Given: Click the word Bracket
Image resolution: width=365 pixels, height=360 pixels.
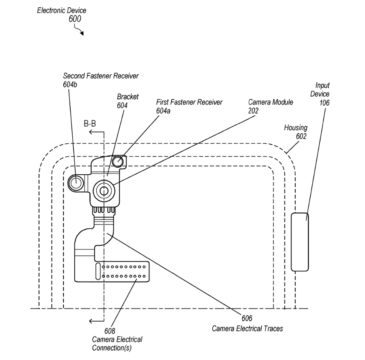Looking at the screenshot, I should click(128, 97).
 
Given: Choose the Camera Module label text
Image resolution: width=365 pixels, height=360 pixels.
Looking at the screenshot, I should click(270, 102).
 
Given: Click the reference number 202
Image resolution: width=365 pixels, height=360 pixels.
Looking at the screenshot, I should click(254, 110).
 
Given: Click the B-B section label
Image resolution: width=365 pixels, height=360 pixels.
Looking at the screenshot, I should click(90, 124).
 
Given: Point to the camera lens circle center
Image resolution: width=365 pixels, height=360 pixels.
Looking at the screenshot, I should click(104, 190).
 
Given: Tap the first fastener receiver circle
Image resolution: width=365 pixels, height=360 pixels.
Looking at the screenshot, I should click(118, 161).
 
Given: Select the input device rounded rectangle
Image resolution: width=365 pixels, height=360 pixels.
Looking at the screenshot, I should click(300, 242).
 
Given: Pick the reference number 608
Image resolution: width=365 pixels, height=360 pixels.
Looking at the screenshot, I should click(110, 331).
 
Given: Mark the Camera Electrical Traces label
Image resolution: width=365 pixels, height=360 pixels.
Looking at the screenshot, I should click(247, 329).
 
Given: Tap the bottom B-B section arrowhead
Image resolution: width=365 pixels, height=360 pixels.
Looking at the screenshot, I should click(93, 320).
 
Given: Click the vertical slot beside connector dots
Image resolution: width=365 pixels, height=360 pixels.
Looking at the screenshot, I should click(98, 271).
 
